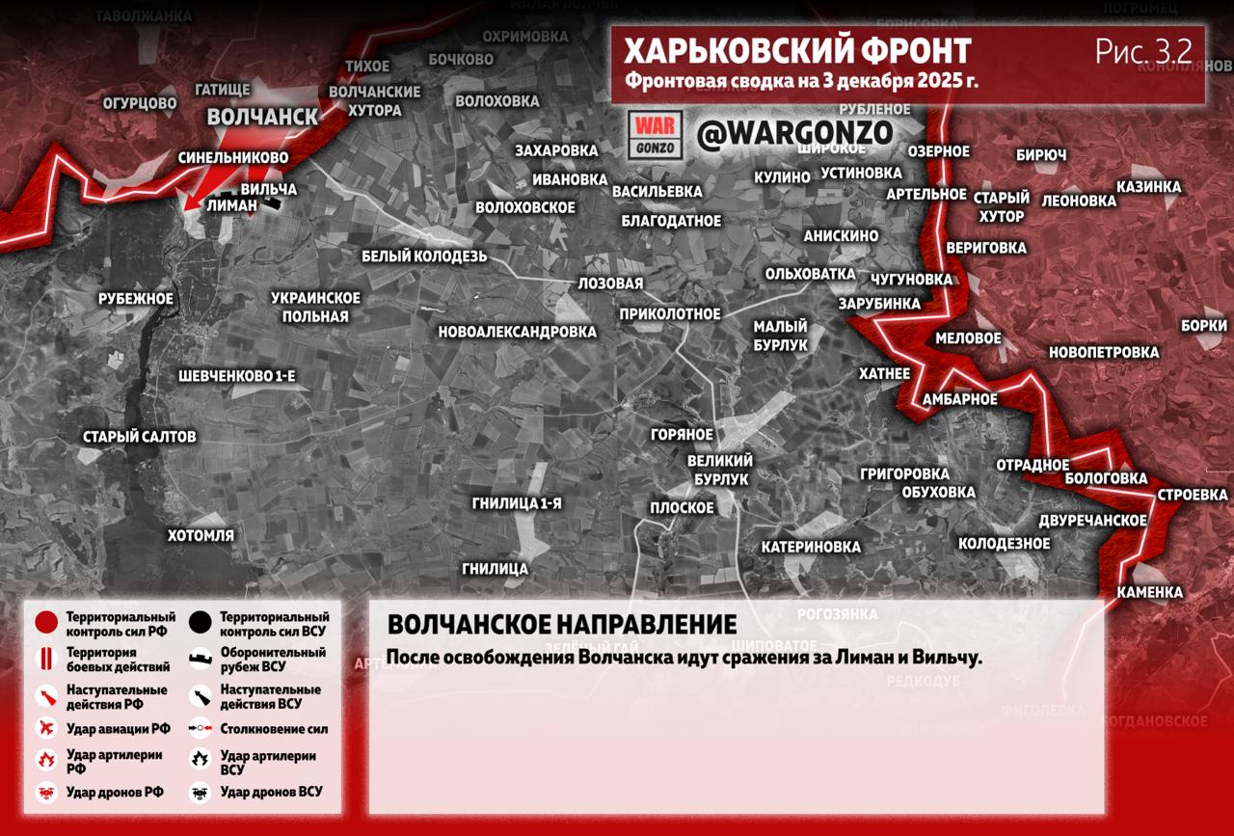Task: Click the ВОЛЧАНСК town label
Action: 262,117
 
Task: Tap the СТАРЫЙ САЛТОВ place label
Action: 140,437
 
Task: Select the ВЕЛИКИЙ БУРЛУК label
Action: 720,470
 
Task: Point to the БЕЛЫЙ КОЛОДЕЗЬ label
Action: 424,256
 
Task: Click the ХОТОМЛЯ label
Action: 201,535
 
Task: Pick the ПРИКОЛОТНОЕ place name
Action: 670,313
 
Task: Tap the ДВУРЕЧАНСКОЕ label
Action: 1092,521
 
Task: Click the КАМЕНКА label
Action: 1149,592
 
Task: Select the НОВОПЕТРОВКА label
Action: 1103,352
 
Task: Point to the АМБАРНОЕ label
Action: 959,399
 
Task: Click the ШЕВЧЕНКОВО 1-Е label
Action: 236,375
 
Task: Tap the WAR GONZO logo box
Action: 656,135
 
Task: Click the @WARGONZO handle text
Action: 794,133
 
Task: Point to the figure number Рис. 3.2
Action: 1143,51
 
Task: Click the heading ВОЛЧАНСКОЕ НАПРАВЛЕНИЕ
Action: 561,624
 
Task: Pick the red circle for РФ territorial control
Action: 46,624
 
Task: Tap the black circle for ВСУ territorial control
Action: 201,624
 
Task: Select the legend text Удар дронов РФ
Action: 115,792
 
